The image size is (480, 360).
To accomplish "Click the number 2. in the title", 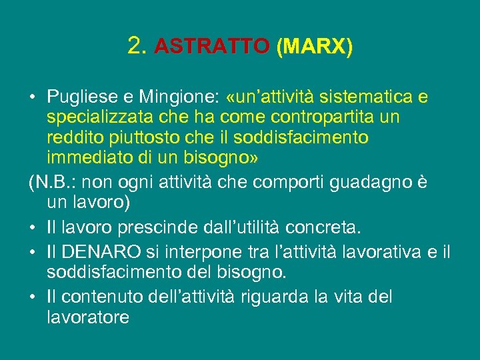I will tap(137, 46).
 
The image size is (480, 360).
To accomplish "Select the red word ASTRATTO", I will tap(211, 47).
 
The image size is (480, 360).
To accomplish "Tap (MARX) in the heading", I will tap(313, 47).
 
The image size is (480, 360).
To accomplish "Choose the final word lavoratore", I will tap(88, 316).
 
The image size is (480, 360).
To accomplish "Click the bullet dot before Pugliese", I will tap(32, 99).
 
